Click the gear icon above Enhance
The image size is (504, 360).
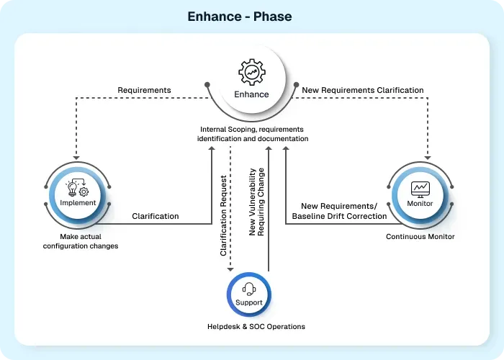pos(251,73)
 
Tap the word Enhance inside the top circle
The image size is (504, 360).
pos(251,94)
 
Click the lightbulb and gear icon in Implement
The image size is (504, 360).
pos(78,189)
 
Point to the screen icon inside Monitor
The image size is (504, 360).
pos(420,189)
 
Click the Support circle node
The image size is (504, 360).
pos(249,295)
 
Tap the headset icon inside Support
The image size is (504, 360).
pos(249,289)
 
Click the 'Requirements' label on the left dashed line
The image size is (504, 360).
pos(144,90)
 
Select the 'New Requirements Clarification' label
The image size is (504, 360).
pos(362,90)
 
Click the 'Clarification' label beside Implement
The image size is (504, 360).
pos(156,215)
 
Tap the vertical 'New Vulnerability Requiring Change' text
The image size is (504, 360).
pos(257,202)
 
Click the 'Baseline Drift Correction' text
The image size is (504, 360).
pos(339,216)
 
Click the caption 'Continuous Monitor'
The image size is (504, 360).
pos(420,236)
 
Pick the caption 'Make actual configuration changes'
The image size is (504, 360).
pos(79,241)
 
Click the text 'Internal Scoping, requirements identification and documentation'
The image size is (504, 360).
pos(253,134)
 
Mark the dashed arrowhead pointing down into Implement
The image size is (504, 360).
pos(76,158)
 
